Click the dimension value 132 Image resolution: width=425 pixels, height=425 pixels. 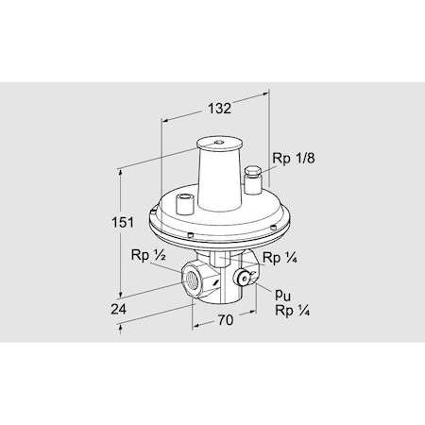point(219,109)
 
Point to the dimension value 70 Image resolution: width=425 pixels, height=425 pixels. point(223,320)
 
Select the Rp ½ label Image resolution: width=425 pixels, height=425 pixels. point(148,255)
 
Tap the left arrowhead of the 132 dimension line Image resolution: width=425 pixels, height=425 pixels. point(167,120)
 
